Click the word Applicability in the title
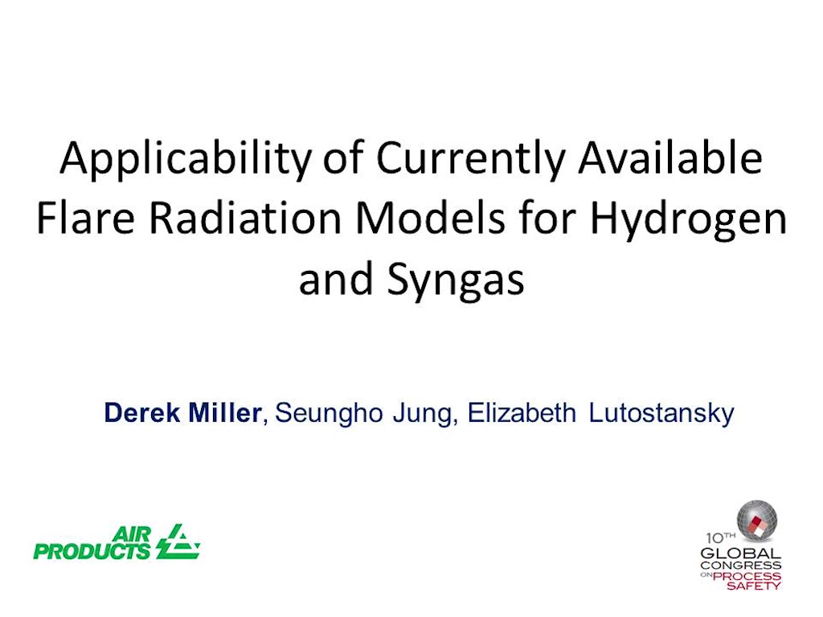[186, 160]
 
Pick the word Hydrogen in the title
[688, 220]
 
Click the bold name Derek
[142, 412]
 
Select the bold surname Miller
[225, 412]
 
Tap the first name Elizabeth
[522, 412]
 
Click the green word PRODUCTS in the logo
[92, 551]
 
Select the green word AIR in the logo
[132, 534]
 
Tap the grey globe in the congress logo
[757, 520]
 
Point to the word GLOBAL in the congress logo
[740, 554]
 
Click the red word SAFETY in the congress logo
[754, 586]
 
